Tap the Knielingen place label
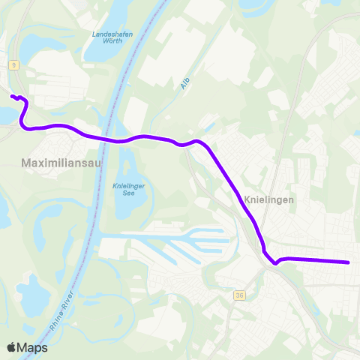click(268, 200)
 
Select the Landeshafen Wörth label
click(112, 38)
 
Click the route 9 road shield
click(13, 66)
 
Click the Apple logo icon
click(12, 347)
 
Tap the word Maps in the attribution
click(34, 347)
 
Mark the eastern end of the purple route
click(349, 262)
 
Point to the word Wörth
click(112, 43)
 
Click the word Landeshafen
click(112, 34)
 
